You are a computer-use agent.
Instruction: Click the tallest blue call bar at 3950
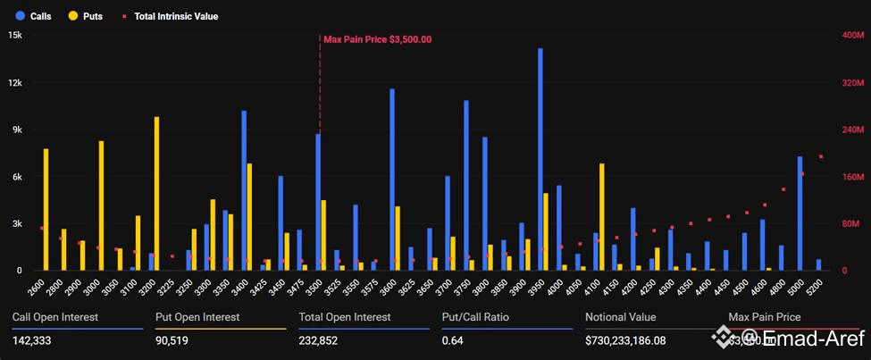click(540, 161)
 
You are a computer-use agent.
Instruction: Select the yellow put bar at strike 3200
click(157, 194)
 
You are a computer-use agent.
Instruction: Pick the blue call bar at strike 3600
click(392, 180)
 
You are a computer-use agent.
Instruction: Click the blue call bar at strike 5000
click(800, 213)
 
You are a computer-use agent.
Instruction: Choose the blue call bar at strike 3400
click(244, 190)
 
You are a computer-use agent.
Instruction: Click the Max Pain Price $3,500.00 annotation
click(377, 39)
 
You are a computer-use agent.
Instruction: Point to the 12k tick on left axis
click(15, 82)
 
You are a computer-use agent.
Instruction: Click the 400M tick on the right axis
click(853, 35)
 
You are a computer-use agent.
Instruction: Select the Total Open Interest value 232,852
click(322, 339)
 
